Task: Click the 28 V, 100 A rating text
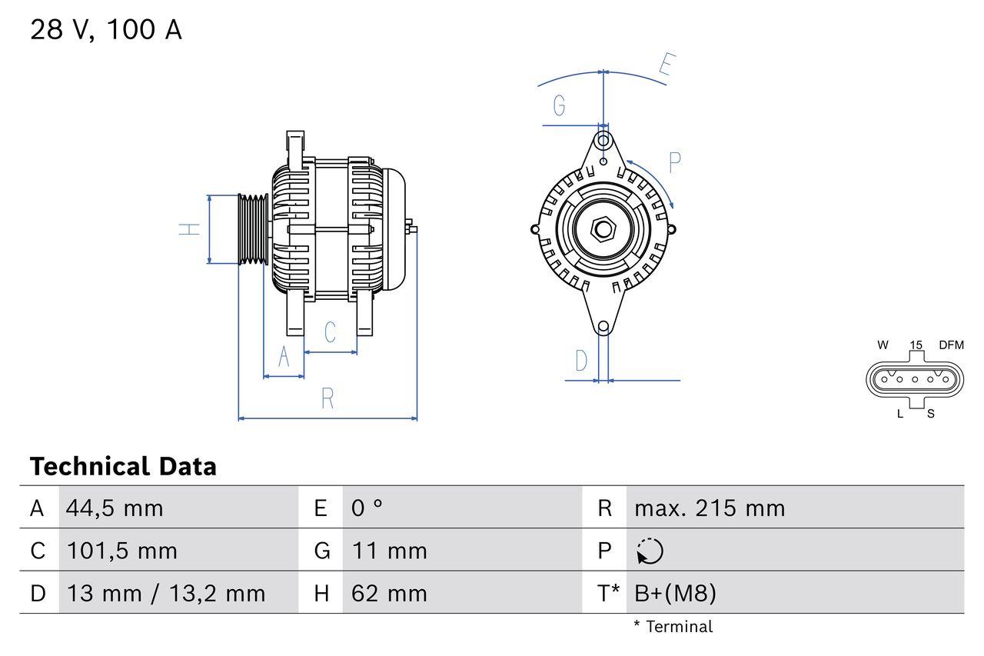click(105, 29)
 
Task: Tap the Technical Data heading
click(123, 466)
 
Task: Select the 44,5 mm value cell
click(115, 508)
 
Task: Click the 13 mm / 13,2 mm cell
click(165, 593)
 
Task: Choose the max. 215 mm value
click(709, 508)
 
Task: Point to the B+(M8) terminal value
click(675, 593)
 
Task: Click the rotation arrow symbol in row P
click(650, 551)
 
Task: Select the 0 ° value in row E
click(367, 508)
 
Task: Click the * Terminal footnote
click(673, 627)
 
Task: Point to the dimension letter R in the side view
click(327, 398)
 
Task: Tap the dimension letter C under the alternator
click(330, 332)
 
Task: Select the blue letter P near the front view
click(674, 163)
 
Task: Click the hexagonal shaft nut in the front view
click(603, 229)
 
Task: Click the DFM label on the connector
click(950, 345)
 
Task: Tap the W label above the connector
click(883, 345)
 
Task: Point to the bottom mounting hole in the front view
click(603, 327)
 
